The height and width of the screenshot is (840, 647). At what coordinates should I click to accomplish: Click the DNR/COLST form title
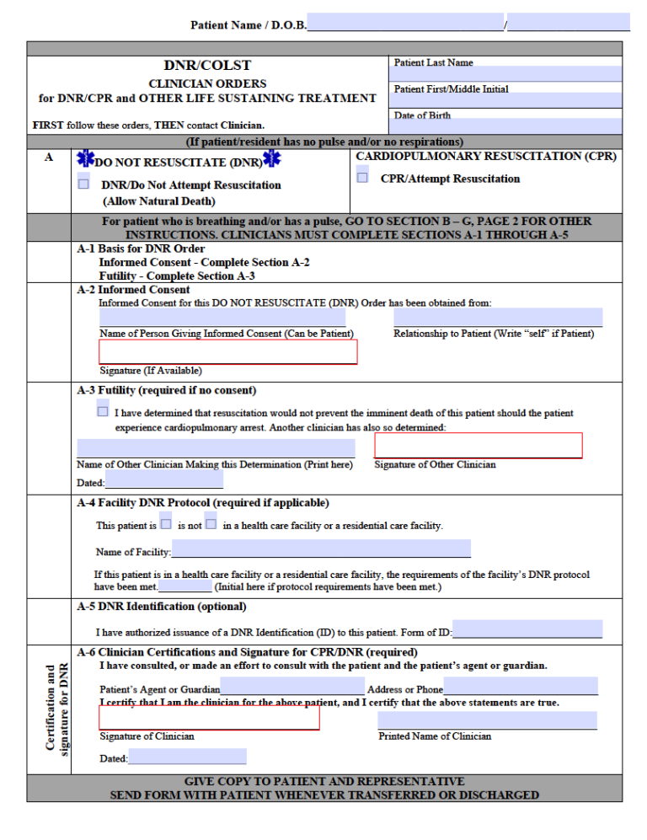click(x=207, y=66)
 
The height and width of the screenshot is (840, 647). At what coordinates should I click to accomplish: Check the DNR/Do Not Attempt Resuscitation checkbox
click(x=83, y=183)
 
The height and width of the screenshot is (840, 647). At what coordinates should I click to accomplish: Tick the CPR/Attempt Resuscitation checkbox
click(x=362, y=176)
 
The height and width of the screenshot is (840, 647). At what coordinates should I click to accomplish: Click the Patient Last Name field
click(x=505, y=74)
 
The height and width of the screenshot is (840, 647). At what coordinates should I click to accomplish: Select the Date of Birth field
click(x=505, y=126)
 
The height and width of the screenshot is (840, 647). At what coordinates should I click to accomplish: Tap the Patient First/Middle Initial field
click(x=505, y=100)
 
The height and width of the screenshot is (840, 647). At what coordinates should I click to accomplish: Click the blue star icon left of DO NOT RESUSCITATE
click(x=85, y=160)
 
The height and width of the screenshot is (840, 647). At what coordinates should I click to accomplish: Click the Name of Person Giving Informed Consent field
click(x=222, y=318)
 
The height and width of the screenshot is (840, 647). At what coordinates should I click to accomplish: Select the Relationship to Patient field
click(x=498, y=318)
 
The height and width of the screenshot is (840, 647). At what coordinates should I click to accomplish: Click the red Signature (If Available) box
click(x=228, y=352)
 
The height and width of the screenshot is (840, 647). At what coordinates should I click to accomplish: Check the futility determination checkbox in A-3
click(x=103, y=411)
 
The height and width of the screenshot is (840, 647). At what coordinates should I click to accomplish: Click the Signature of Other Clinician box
click(x=478, y=446)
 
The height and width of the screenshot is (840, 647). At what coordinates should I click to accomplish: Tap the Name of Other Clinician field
click(x=216, y=448)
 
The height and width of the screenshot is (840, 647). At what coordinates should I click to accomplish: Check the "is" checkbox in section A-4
click(x=166, y=523)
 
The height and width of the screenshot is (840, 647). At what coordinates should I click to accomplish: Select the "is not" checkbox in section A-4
click(x=211, y=523)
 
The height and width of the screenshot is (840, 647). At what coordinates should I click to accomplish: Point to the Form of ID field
click(x=527, y=629)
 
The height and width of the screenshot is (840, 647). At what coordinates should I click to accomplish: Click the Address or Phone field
click(x=520, y=687)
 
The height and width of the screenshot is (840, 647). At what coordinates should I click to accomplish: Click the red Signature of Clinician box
click(x=209, y=718)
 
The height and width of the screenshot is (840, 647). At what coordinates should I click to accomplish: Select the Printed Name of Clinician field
click(x=487, y=720)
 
